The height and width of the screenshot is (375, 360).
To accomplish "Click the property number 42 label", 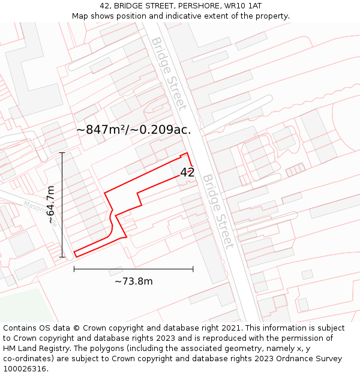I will [x=187, y=172].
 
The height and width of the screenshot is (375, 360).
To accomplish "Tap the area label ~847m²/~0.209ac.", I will [x=134, y=130].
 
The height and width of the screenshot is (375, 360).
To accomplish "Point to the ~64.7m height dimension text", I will [x=51, y=205].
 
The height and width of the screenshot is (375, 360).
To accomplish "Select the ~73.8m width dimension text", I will [x=133, y=281].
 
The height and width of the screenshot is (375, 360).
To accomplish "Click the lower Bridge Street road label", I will [x=217, y=211].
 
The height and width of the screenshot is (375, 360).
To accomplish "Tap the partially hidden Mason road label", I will [x=34, y=208].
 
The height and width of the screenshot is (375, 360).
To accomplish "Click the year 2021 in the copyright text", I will [x=230, y=328].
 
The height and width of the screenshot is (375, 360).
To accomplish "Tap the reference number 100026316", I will [x=25, y=368].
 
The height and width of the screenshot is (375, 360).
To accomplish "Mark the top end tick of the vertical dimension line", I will [x=62, y=153].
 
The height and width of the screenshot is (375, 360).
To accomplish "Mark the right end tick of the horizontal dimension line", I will [x=193, y=269].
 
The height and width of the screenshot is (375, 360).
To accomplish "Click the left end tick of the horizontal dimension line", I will [x=74, y=269].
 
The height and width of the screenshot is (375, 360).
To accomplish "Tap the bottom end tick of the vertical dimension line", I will [x=62, y=257].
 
